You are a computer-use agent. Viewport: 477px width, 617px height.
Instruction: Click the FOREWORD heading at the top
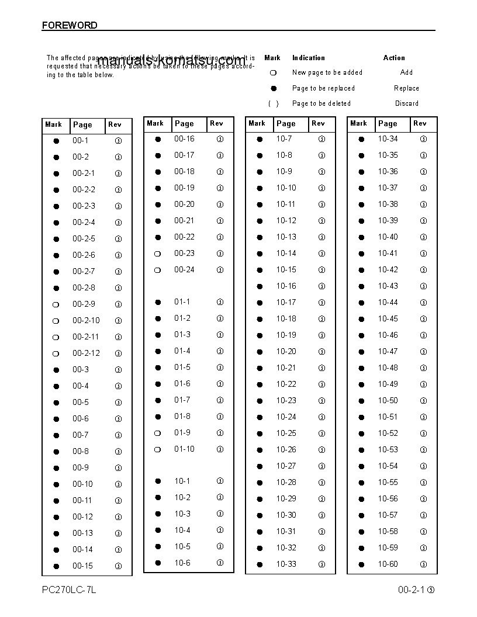pyautogui.click(x=70, y=25)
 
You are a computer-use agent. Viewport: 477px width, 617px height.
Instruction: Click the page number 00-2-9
pyautogui.click(x=84, y=304)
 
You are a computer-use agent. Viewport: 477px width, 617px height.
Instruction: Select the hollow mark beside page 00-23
pyautogui.click(x=157, y=254)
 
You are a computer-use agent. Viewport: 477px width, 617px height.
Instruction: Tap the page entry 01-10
pyautogui.click(x=184, y=449)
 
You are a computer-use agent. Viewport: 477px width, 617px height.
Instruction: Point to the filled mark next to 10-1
pyautogui.click(x=158, y=481)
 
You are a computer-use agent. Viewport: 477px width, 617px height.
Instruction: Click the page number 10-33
pyautogui.click(x=286, y=564)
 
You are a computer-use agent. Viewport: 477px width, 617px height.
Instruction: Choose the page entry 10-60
pyautogui.click(x=388, y=564)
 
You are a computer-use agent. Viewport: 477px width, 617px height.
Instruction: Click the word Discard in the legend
pyautogui.click(x=406, y=103)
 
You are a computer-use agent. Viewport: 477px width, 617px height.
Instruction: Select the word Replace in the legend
pyautogui.click(x=406, y=88)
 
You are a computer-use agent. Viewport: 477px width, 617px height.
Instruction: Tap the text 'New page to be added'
pyautogui.click(x=327, y=72)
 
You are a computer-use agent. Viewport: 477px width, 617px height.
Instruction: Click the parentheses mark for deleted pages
pyautogui.click(x=273, y=103)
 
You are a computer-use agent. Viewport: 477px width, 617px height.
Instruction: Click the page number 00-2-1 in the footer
pyautogui.click(x=412, y=590)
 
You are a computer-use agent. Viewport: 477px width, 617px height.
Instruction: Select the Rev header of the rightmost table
pyautogui.click(x=420, y=123)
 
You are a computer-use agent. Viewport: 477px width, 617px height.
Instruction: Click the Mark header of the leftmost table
pyautogui.click(x=53, y=124)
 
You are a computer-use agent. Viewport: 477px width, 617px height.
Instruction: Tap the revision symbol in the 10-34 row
pyautogui.click(x=423, y=139)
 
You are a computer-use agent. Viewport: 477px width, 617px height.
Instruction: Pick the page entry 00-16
pyautogui.click(x=184, y=139)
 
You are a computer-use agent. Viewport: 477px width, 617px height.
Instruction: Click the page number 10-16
pyautogui.click(x=286, y=286)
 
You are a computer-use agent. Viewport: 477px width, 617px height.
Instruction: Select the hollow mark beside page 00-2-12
pyautogui.click(x=56, y=353)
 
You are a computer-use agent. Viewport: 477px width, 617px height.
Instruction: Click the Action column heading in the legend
pyautogui.click(x=394, y=58)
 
